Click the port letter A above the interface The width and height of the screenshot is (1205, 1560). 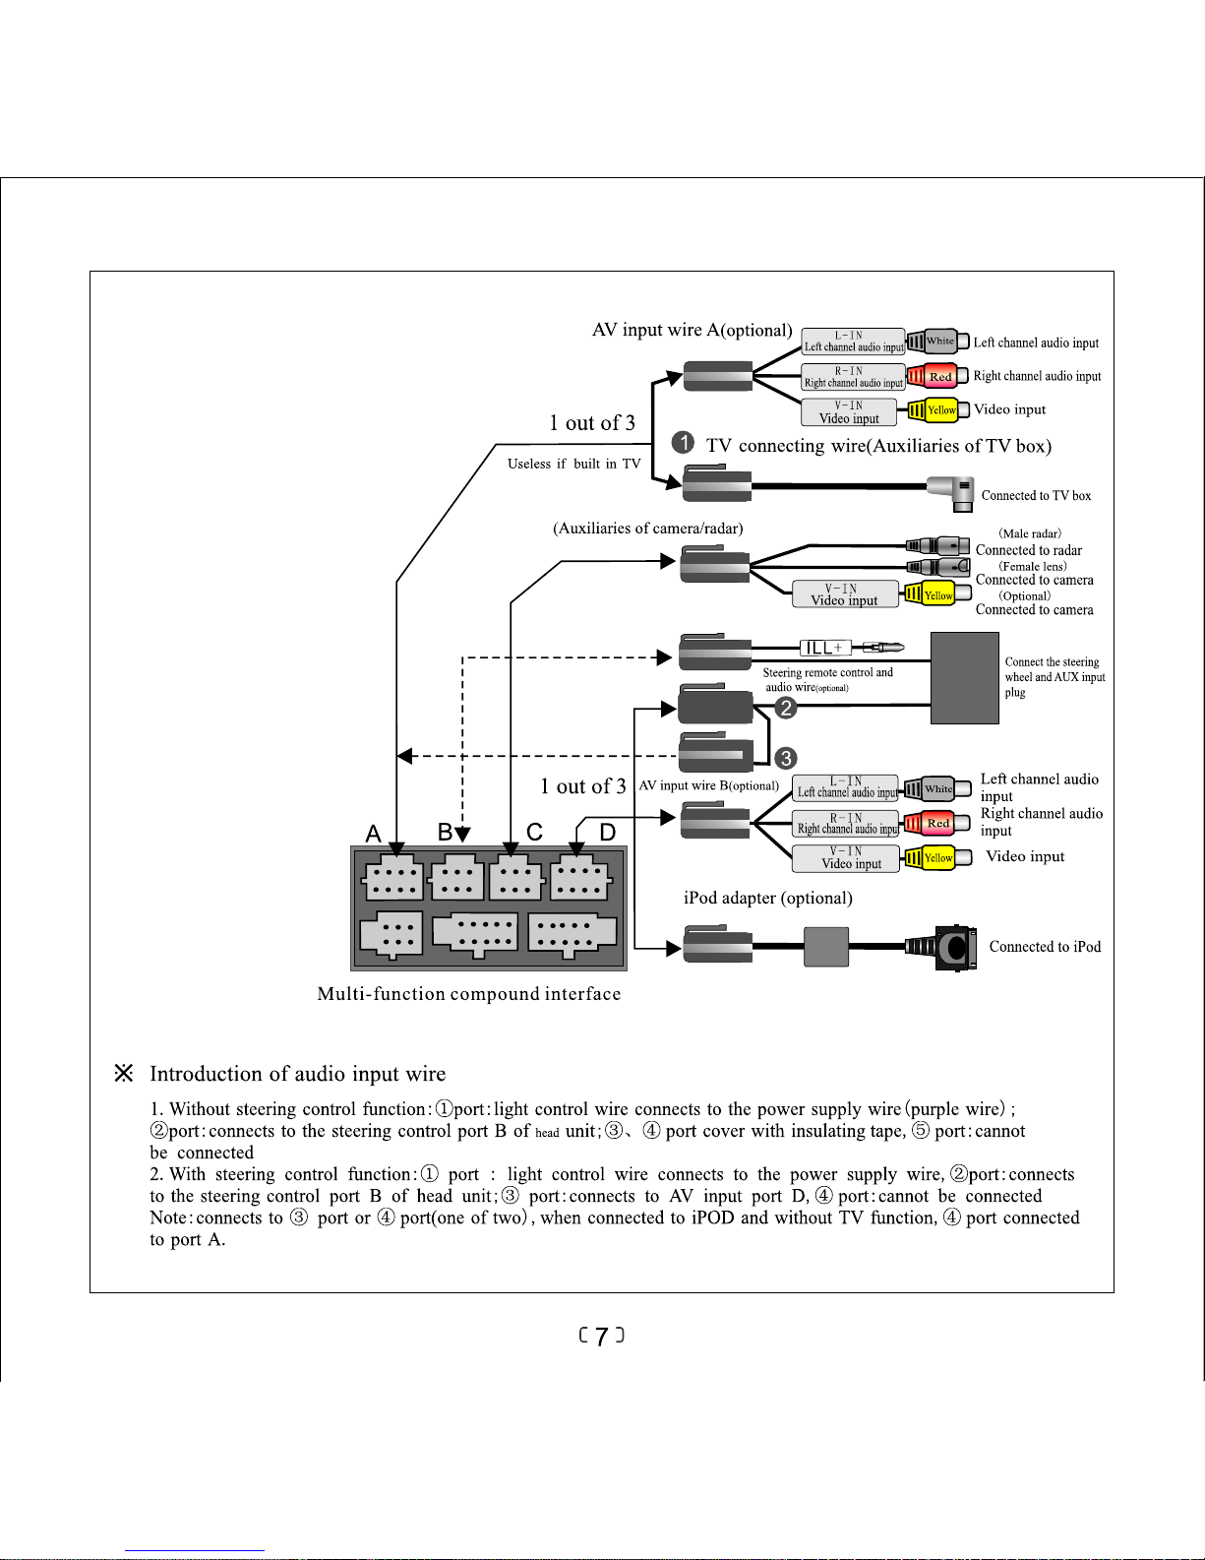[373, 834]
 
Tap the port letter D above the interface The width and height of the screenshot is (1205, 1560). [608, 832]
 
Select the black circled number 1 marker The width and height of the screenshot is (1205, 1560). [683, 442]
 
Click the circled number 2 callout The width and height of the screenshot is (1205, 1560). [786, 708]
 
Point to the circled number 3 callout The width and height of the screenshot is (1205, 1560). [786, 758]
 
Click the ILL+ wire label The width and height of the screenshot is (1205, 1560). [825, 648]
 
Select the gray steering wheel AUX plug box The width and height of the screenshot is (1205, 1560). [965, 678]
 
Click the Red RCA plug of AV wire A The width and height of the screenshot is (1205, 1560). [936, 376]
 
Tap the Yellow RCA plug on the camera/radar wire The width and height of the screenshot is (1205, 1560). [936, 594]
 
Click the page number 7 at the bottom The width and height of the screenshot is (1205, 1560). [602, 1336]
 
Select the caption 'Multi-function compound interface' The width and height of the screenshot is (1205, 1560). [469, 993]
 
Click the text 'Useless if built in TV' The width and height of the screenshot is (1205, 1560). [573, 464]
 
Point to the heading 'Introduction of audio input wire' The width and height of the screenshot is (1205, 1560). [298, 1073]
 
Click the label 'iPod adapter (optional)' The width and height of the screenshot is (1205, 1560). [768, 898]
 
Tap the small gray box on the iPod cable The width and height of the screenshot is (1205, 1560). [826, 947]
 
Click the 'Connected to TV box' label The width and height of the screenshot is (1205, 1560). [1036, 495]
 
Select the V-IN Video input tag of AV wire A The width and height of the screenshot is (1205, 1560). [849, 412]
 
